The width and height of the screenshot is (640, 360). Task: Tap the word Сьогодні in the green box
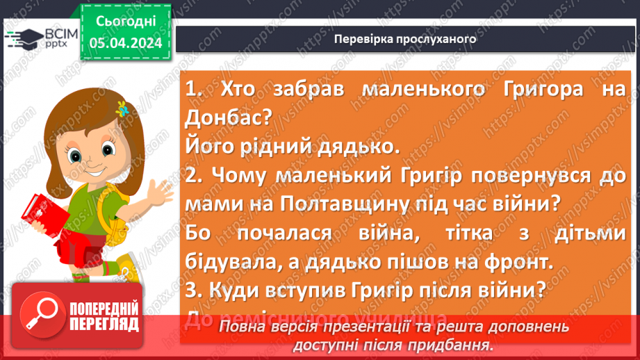click(x=125, y=22)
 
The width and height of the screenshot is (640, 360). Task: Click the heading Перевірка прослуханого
click(x=405, y=39)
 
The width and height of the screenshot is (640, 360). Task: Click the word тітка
click(x=452, y=233)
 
